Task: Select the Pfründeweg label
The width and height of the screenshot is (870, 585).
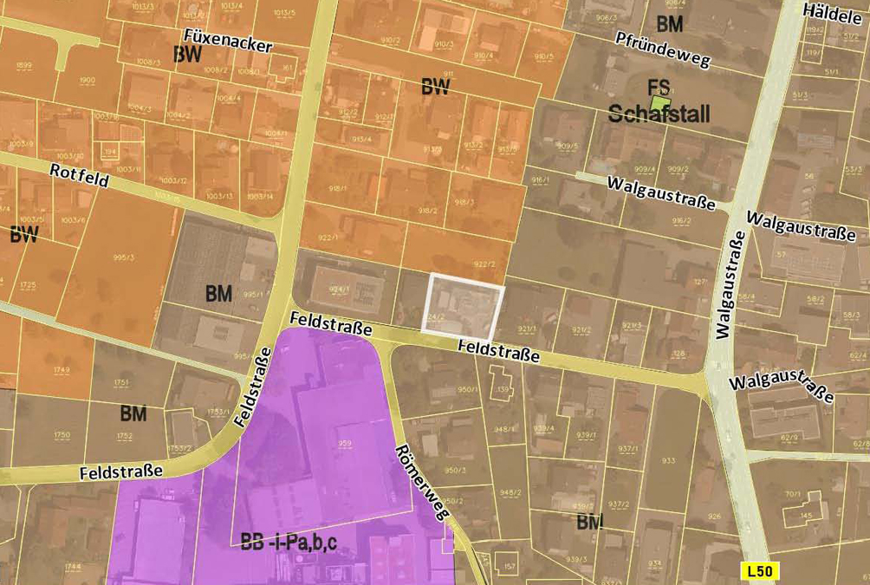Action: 663,50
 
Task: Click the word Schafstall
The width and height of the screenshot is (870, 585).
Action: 659,114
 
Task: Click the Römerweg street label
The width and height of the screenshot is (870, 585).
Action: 423,483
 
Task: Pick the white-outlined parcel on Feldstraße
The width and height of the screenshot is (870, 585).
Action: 463,305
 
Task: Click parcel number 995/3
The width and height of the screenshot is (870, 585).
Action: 123,257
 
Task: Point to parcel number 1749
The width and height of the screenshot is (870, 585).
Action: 61,370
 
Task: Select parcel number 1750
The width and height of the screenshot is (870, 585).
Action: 62,435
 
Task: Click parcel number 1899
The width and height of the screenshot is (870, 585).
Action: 24,66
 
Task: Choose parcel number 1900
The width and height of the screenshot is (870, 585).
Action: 87,81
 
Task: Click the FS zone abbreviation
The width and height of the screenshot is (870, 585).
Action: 659,87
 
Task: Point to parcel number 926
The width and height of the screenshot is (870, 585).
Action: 714,517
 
